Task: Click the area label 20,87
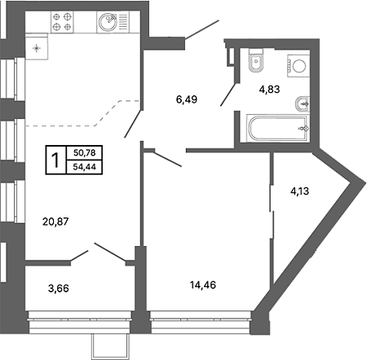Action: [55, 222]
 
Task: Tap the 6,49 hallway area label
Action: [187, 99]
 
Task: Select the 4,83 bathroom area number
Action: [269, 89]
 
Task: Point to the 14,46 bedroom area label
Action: [203, 285]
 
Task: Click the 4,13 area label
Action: [300, 191]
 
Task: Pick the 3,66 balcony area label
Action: [59, 288]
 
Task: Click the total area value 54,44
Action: [85, 167]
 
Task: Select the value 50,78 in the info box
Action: [85, 153]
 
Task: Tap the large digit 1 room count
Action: [55, 160]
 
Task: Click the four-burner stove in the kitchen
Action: [62, 22]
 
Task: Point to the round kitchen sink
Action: [108, 22]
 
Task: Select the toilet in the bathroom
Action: [256, 60]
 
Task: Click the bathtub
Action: [278, 128]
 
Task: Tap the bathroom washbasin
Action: [303, 104]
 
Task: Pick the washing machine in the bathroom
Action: [298, 66]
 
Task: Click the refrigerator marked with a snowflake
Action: [37, 46]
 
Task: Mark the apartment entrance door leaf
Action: [202, 29]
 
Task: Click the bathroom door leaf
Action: [228, 94]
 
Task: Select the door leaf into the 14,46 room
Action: [167, 159]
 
